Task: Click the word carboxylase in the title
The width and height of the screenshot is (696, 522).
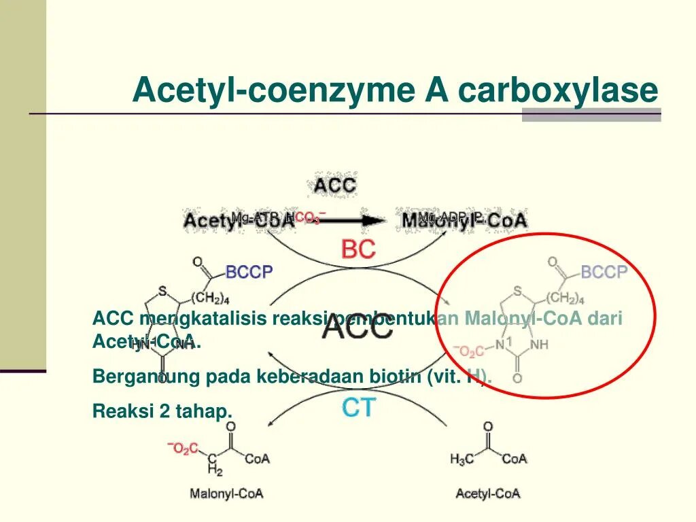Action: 558,90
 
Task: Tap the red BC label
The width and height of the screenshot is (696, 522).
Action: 358,250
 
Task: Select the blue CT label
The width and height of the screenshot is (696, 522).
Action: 358,408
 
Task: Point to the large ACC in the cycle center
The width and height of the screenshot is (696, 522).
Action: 358,328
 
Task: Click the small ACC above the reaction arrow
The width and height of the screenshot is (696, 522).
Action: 334,184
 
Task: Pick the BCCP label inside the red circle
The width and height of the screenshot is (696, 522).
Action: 604,273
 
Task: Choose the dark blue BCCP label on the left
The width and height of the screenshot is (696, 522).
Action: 249,273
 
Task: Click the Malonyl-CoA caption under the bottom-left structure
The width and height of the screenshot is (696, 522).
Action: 226,494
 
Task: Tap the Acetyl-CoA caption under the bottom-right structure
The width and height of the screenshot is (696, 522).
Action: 488,494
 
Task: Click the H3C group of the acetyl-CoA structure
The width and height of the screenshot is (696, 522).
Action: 462,459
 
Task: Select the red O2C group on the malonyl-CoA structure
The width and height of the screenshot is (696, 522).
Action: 184,448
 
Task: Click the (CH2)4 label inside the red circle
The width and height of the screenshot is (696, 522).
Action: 563,298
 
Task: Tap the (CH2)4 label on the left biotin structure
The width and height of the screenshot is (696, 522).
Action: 211,298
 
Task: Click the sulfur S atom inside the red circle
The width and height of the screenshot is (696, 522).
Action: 518,292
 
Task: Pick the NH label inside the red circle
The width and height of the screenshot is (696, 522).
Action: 539,345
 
